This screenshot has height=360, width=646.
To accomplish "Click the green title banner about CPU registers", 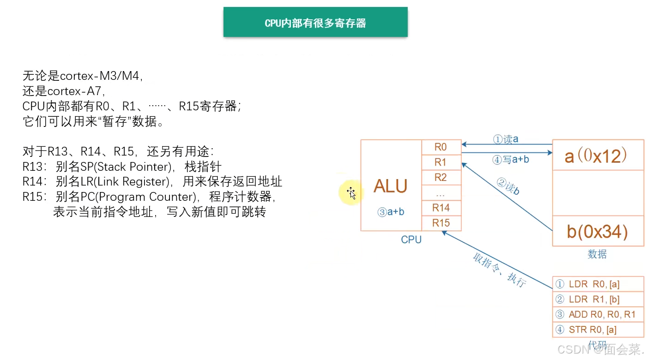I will (x=315, y=22).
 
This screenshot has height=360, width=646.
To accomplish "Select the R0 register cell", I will (x=441, y=147).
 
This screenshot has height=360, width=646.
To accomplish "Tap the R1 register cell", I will (x=441, y=162).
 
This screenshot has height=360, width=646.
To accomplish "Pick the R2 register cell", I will (x=441, y=178).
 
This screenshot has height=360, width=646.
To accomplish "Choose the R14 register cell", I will (x=441, y=208).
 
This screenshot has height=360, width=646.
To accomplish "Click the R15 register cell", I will (x=441, y=223).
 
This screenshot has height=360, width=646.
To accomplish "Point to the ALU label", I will (x=390, y=186).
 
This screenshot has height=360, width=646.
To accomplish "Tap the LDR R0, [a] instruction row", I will (x=598, y=284).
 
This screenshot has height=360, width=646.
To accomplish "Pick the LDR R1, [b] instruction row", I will (x=598, y=300).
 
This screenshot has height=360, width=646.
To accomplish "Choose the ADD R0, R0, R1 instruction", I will (x=598, y=315).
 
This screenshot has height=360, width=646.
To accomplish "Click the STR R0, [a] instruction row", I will (x=598, y=330).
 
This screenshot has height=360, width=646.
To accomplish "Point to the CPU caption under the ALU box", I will (x=411, y=240).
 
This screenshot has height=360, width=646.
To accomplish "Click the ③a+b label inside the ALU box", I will (x=391, y=212).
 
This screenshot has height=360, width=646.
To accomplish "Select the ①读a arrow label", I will (x=505, y=139).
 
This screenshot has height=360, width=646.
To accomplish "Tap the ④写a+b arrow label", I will (x=510, y=160).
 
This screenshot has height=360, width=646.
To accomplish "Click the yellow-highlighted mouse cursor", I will (x=351, y=193).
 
